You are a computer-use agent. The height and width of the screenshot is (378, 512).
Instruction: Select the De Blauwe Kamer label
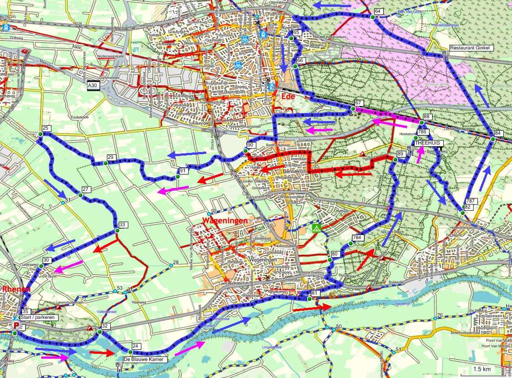145,359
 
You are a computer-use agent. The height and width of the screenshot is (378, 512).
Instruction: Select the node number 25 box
45,128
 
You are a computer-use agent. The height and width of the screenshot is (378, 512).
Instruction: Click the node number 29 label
111,157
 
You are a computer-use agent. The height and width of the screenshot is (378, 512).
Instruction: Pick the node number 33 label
123,225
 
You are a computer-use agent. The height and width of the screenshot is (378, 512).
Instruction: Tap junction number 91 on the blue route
183,171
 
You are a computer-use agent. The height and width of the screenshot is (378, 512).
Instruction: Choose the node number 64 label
378,11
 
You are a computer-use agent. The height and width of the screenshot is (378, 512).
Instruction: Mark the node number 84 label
498,133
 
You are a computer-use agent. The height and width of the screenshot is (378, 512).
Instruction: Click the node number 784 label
357,237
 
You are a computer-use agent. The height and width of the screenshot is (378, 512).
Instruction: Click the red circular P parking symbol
17,325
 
